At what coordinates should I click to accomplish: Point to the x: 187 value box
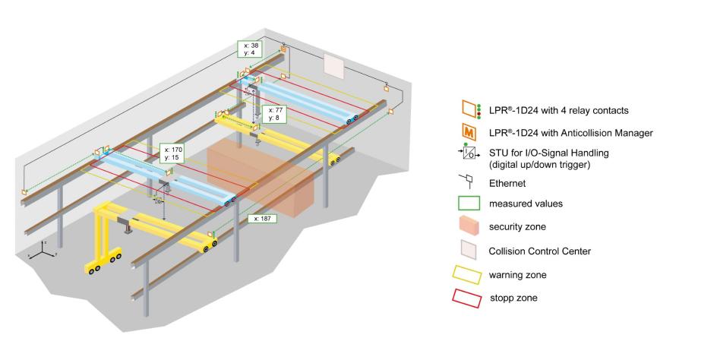[x=261, y=217]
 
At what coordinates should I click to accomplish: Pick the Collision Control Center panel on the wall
[x=335, y=65]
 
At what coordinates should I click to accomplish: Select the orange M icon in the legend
[x=469, y=133]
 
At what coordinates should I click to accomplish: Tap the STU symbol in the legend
[x=469, y=155]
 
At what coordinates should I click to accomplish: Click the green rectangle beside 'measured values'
[x=469, y=204]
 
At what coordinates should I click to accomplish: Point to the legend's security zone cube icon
[x=469, y=227]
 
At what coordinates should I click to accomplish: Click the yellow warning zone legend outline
[x=469, y=275]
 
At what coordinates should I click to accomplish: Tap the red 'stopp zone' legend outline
[x=469, y=298]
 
